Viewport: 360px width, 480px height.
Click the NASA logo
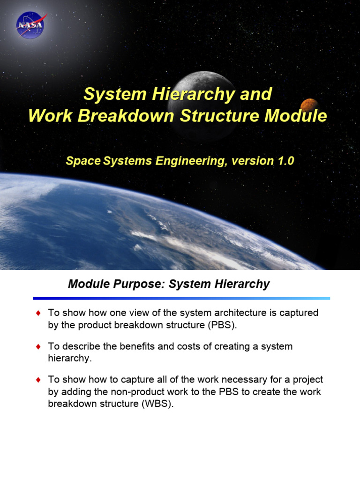pos(30,24)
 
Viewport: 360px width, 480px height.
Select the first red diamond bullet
pos(38,313)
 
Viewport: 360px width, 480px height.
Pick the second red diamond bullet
pos(38,347)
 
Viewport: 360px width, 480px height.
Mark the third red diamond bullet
pos(38,380)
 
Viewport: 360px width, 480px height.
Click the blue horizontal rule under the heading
pos(181,298)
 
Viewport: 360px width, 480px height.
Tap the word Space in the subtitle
pos(83,161)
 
